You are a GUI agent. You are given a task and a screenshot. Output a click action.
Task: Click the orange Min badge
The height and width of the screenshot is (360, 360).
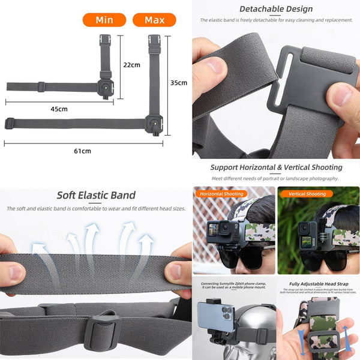tap(104, 20)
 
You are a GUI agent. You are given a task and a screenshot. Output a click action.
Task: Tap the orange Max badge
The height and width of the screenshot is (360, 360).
tap(154, 20)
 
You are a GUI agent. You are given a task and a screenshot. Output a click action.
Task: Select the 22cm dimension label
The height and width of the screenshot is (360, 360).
tap(131, 64)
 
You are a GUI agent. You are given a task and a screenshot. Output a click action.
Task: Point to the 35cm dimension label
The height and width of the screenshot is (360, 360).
tap(178, 82)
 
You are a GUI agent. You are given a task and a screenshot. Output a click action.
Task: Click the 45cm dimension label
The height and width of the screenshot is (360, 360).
tap(59, 109)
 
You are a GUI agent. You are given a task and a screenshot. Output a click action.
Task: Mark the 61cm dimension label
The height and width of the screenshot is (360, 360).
tap(82, 151)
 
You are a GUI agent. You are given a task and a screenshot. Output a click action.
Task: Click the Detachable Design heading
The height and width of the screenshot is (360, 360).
tap(276, 9)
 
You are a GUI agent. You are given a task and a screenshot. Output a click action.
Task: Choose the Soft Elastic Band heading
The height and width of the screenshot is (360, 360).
tap(96, 195)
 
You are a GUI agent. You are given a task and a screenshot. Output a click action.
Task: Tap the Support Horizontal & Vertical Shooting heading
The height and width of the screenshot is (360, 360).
tap(276, 167)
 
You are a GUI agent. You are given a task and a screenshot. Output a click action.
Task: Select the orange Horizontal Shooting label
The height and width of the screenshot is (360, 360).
tap(221, 194)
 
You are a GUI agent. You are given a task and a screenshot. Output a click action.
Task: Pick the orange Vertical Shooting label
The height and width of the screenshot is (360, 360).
tap(307, 194)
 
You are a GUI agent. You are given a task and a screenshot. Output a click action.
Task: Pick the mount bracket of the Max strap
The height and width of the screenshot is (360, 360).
tap(154, 121)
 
